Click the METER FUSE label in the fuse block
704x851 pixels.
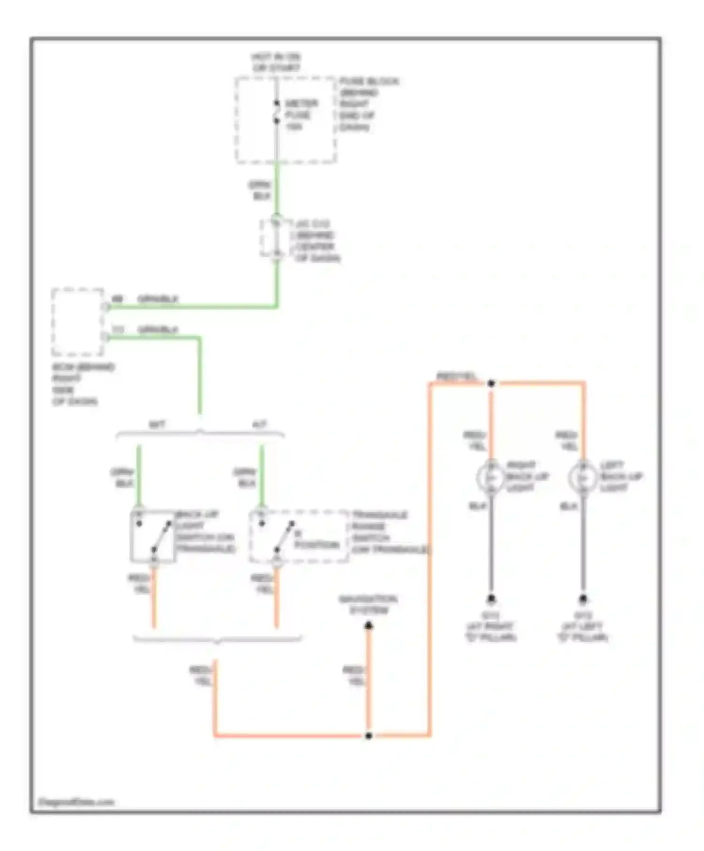(x=300, y=115)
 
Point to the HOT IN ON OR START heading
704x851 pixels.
(x=276, y=62)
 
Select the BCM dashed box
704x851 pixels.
(x=77, y=322)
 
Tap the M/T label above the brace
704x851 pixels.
(x=157, y=425)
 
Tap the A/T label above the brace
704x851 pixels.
(x=260, y=425)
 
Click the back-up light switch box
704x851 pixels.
(x=153, y=536)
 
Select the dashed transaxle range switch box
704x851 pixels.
(x=298, y=536)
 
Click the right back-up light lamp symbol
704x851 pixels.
(x=490, y=477)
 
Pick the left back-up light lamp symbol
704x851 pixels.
(x=582, y=477)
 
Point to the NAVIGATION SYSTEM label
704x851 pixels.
(x=368, y=605)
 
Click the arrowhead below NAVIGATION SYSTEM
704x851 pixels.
(x=369, y=626)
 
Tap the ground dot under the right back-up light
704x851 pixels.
(x=491, y=599)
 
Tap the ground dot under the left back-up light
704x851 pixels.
(x=583, y=599)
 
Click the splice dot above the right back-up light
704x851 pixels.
(x=491, y=383)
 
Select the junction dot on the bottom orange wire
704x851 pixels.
(x=369, y=736)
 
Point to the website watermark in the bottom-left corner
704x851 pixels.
(x=76, y=802)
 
